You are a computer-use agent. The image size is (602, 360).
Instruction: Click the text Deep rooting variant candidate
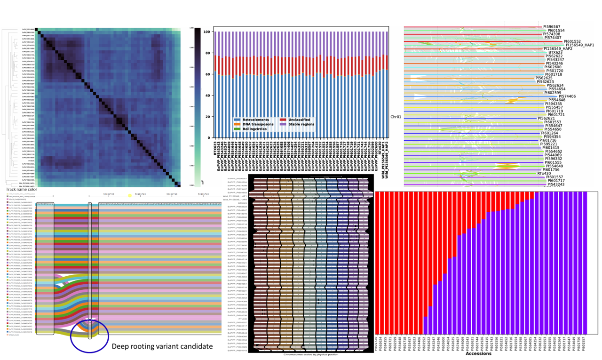tap(163, 346)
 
